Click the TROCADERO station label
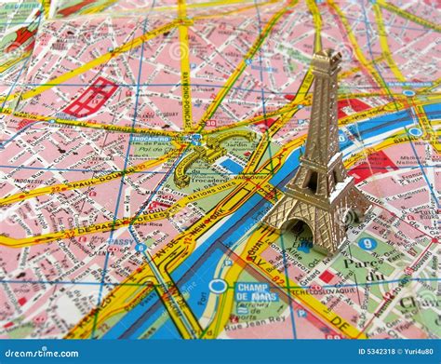point(150,140)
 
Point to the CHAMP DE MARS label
point(257,293)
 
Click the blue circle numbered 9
point(367,244)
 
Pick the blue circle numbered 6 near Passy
point(140,247)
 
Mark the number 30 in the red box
point(211,123)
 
